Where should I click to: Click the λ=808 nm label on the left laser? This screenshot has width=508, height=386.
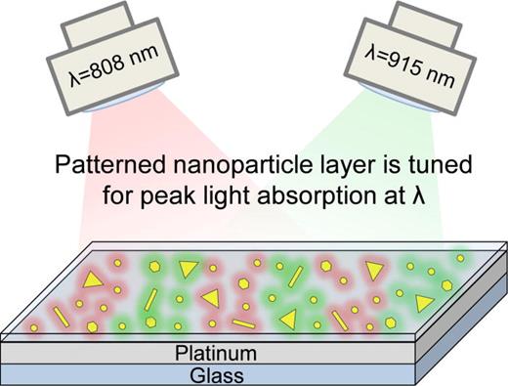(x=97, y=61)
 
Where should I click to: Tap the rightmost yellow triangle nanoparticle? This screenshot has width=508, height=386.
(x=423, y=304)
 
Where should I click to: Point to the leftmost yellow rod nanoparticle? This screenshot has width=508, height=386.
(x=61, y=316)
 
